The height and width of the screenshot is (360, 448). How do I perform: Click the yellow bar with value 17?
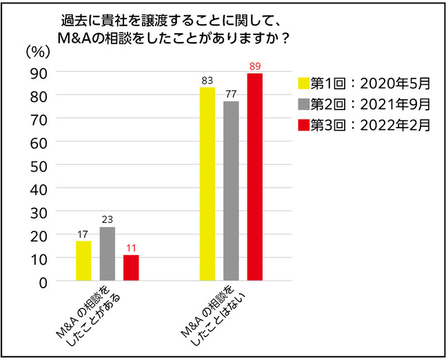(83, 261)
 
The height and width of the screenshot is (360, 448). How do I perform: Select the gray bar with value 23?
(107, 254)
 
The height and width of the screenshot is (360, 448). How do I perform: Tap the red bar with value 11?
(131, 268)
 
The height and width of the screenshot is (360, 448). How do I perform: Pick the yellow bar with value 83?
(207, 184)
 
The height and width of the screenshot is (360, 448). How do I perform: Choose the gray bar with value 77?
(231, 191)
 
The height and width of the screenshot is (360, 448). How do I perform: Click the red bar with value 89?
(255, 177)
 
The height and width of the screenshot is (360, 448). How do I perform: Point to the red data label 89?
(255, 67)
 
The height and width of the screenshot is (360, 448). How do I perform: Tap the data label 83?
(207, 81)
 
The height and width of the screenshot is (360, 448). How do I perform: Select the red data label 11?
(131, 248)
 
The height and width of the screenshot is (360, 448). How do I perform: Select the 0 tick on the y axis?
(42, 281)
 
